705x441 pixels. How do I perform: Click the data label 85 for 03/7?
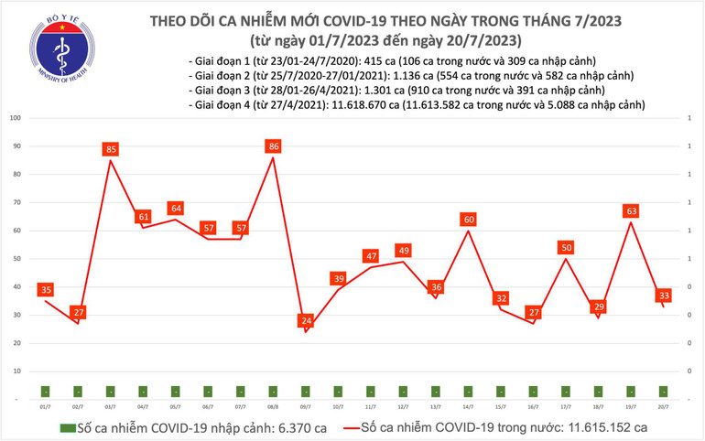point(111,149)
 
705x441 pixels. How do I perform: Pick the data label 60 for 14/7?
point(467,220)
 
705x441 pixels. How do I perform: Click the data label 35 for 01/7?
point(46,290)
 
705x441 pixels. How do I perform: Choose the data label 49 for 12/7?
point(402,251)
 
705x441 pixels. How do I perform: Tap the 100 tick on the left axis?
point(16,118)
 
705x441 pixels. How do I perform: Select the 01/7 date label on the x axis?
point(46,406)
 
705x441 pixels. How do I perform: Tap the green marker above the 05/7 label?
point(176,391)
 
